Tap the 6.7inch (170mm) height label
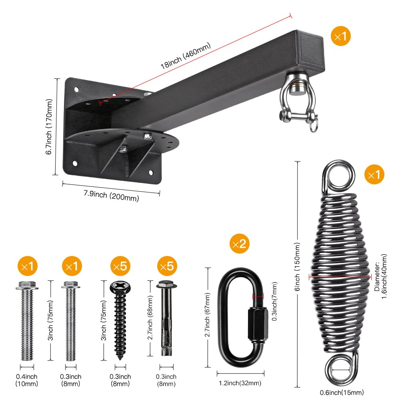(50, 127)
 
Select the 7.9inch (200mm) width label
(111, 196)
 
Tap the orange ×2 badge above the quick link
(239, 244)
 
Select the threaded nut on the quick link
(256, 325)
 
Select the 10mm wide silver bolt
(27, 320)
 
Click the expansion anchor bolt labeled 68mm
(165, 318)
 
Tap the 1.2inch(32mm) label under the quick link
(240, 383)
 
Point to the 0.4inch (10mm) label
(27, 380)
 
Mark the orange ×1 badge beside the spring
(374, 175)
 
